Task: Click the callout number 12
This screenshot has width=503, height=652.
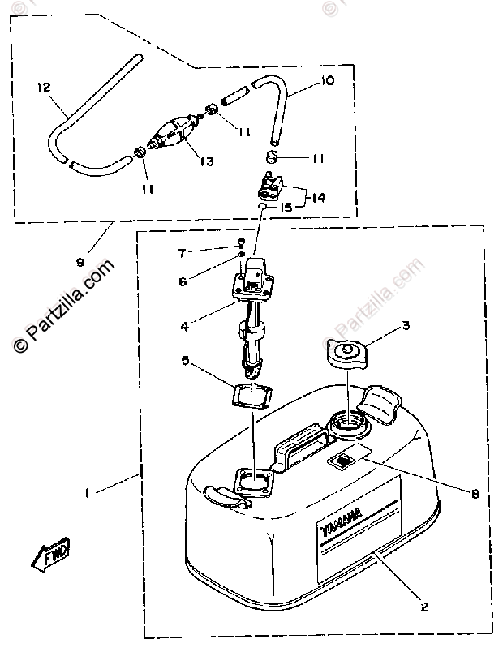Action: [x=43, y=87]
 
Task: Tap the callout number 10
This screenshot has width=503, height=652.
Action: [x=328, y=80]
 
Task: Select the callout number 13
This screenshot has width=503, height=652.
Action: [x=206, y=162]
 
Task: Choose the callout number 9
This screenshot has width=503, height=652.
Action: [x=80, y=262]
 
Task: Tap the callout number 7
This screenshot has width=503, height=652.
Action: [x=183, y=253]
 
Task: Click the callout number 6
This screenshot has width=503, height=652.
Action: [x=183, y=281]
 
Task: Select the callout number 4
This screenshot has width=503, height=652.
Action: [x=185, y=328]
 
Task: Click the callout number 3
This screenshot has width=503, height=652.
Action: [x=406, y=328]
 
